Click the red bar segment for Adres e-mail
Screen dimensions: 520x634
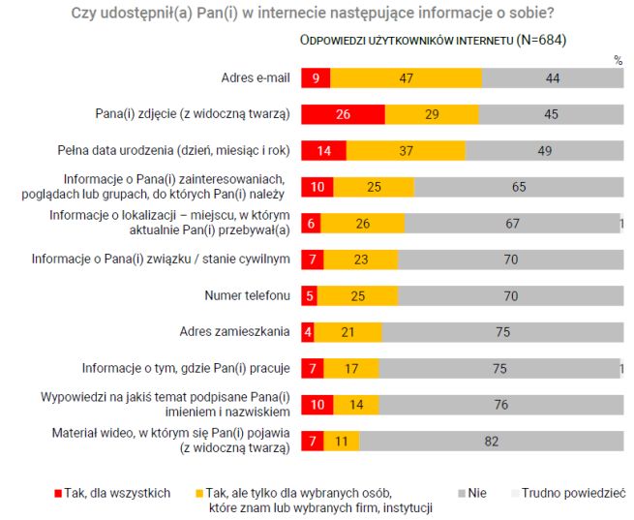coord(316,78)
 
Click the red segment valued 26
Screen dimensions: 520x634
coord(343,114)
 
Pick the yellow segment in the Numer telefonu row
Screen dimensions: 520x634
coord(356,295)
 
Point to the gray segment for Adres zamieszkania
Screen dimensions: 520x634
coord(501,332)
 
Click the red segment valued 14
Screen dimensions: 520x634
coord(323,151)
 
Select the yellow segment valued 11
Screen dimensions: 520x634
coord(341,441)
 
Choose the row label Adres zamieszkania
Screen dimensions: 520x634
coord(234,332)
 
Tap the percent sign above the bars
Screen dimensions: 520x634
coord(618,59)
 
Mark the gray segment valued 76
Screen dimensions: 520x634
coord(499,405)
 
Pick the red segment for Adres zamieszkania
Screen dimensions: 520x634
coord(308,332)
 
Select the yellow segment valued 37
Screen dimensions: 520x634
coord(406,151)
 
